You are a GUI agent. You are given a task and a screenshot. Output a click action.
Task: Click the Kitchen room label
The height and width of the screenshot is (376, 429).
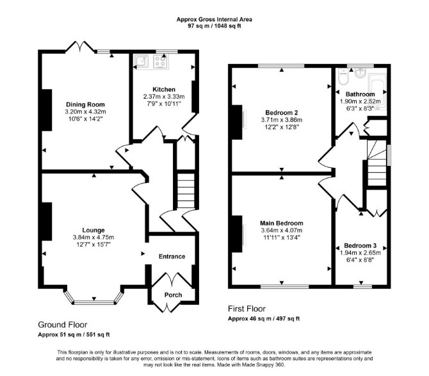point(164,90)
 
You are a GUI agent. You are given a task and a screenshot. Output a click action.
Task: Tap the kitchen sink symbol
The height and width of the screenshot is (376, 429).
point(141,61)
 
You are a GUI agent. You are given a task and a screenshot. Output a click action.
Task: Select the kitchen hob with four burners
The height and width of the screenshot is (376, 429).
point(160,62)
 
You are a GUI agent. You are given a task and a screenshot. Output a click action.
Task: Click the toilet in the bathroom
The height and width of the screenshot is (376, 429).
point(343,77)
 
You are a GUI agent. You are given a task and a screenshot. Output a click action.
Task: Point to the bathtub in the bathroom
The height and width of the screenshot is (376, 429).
point(377,92)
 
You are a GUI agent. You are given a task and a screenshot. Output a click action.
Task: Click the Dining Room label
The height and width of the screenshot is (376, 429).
point(85,104)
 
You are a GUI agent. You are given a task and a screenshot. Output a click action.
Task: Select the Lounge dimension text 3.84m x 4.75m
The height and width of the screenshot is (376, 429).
point(93,237)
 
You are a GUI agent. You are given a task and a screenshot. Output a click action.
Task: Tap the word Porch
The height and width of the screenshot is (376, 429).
point(173,295)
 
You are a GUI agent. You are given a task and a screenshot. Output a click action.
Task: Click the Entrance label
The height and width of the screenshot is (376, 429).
point(172,256)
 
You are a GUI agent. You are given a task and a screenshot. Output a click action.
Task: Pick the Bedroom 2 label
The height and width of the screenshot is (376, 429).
point(282,113)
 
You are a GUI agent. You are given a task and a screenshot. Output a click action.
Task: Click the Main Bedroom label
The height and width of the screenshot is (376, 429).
point(282,223)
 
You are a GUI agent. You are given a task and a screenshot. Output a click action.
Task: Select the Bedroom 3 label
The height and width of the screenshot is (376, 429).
point(360,245)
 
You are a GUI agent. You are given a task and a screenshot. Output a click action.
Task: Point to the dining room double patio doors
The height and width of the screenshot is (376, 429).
point(80,46)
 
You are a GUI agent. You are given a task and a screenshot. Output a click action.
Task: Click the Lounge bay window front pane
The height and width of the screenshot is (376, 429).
point(94,302)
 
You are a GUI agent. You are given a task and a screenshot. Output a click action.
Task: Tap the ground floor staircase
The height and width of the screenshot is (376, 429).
point(186,191)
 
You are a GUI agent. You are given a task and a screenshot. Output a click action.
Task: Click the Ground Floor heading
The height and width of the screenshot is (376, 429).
point(62,325)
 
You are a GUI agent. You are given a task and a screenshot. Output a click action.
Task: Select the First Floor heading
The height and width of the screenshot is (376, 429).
point(247,309)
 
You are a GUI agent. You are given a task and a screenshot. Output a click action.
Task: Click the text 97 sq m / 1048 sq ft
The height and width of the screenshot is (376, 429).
point(214,26)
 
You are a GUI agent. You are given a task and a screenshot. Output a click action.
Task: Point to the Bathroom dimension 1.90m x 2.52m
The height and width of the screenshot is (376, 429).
point(360,101)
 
